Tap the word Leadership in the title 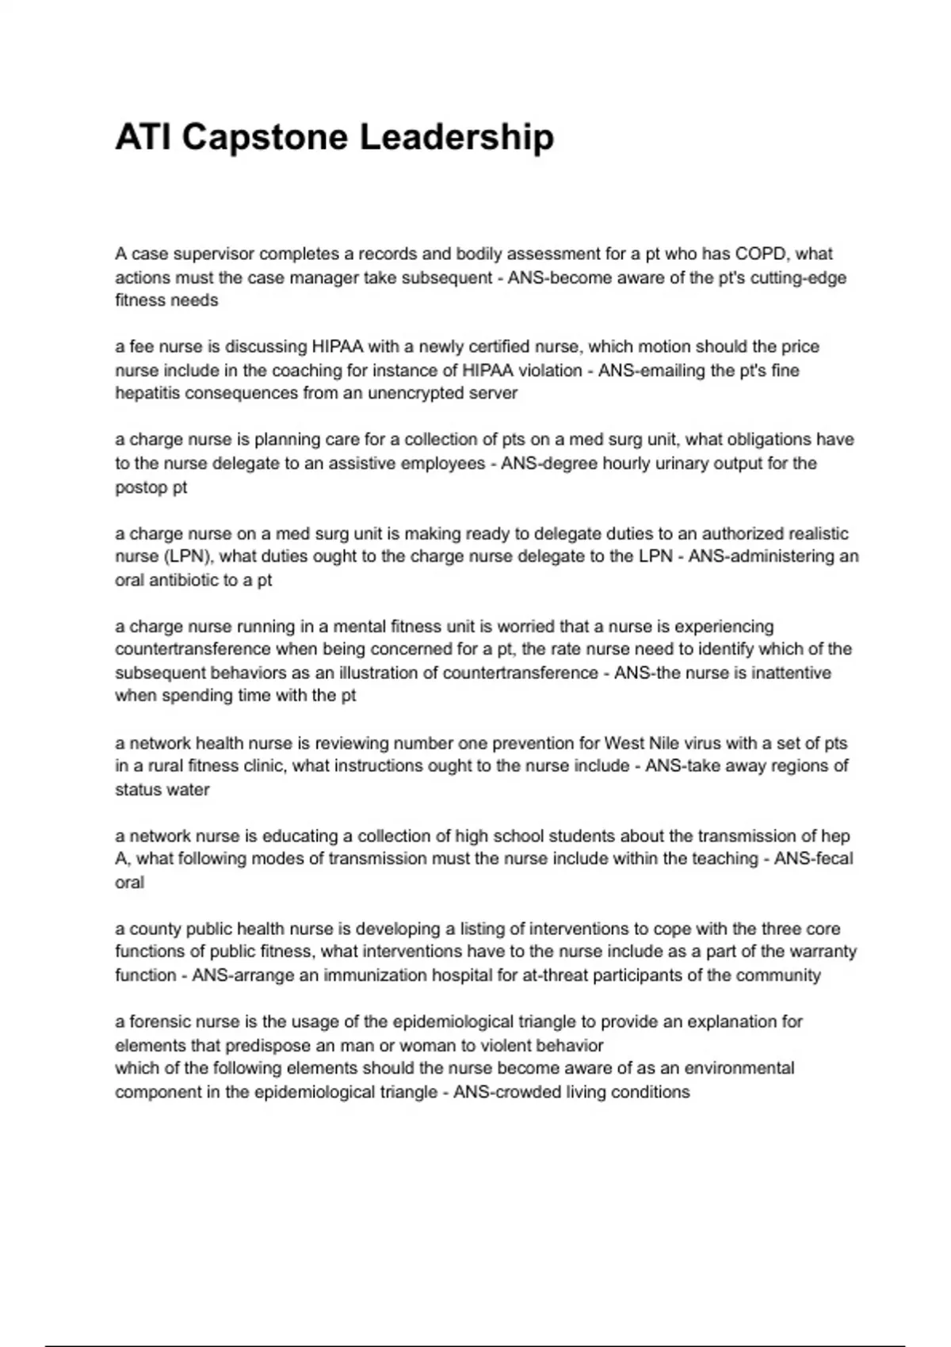click(456, 138)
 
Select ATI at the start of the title click(143, 138)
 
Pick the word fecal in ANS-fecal click(831, 859)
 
